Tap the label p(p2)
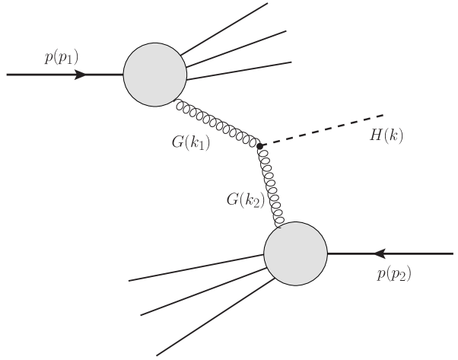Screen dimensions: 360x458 (393, 275)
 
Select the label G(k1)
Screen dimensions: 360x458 (192, 142)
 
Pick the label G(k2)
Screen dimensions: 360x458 (244, 201)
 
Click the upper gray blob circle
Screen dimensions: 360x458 (155, 75)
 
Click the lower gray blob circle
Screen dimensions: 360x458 (295, 253)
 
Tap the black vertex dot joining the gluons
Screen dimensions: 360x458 (259, 145)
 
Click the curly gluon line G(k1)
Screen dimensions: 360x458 (218, 123)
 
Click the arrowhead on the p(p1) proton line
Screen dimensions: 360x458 (82, 75)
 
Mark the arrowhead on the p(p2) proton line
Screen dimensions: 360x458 (383, 253)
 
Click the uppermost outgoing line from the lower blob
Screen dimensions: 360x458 (198, 268)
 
